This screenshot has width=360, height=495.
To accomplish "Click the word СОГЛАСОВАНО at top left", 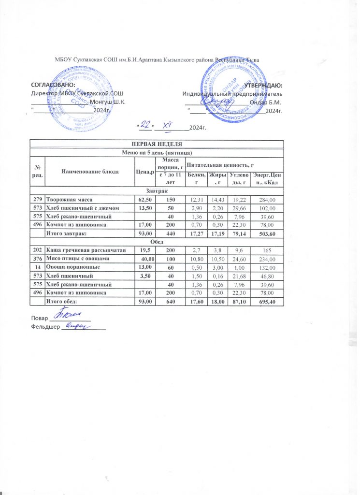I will coord(53,85).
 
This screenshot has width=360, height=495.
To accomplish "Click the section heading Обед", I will coord(157,242).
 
